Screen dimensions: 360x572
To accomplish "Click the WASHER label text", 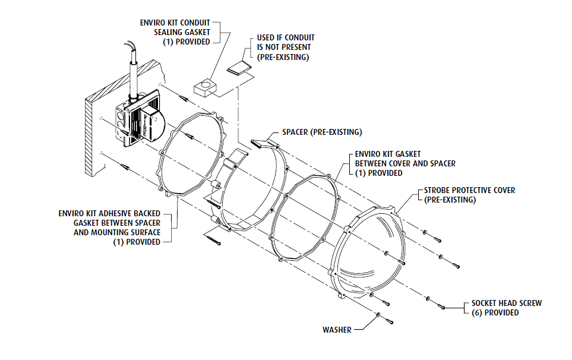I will pos(337,329).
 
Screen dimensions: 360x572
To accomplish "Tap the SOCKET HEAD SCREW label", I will pos(506,303).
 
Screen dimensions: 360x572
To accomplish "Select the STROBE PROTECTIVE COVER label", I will pos(469,190).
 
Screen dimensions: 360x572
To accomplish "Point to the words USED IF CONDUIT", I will pos(286,37).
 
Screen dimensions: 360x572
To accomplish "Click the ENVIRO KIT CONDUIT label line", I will pos(175,23).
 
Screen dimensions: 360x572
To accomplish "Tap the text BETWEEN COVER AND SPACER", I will pos(405,163).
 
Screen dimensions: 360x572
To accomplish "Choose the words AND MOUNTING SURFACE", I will pos(117,232).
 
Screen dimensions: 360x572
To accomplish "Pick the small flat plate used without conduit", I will pos(239,67).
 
